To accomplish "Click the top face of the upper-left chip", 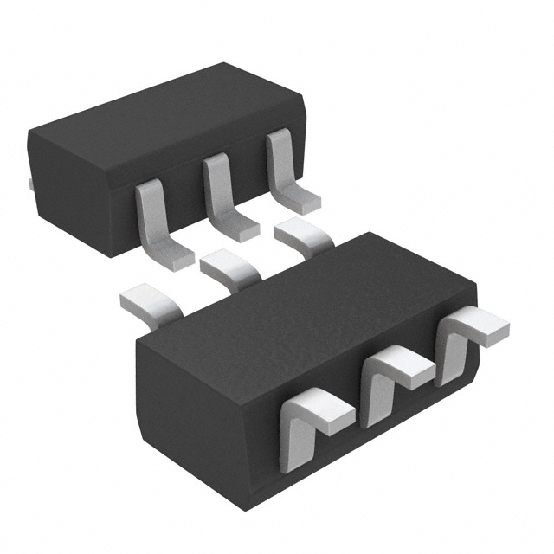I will point(164,113).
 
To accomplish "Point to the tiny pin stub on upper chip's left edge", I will point(29,184).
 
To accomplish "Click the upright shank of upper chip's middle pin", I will point(216,186).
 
